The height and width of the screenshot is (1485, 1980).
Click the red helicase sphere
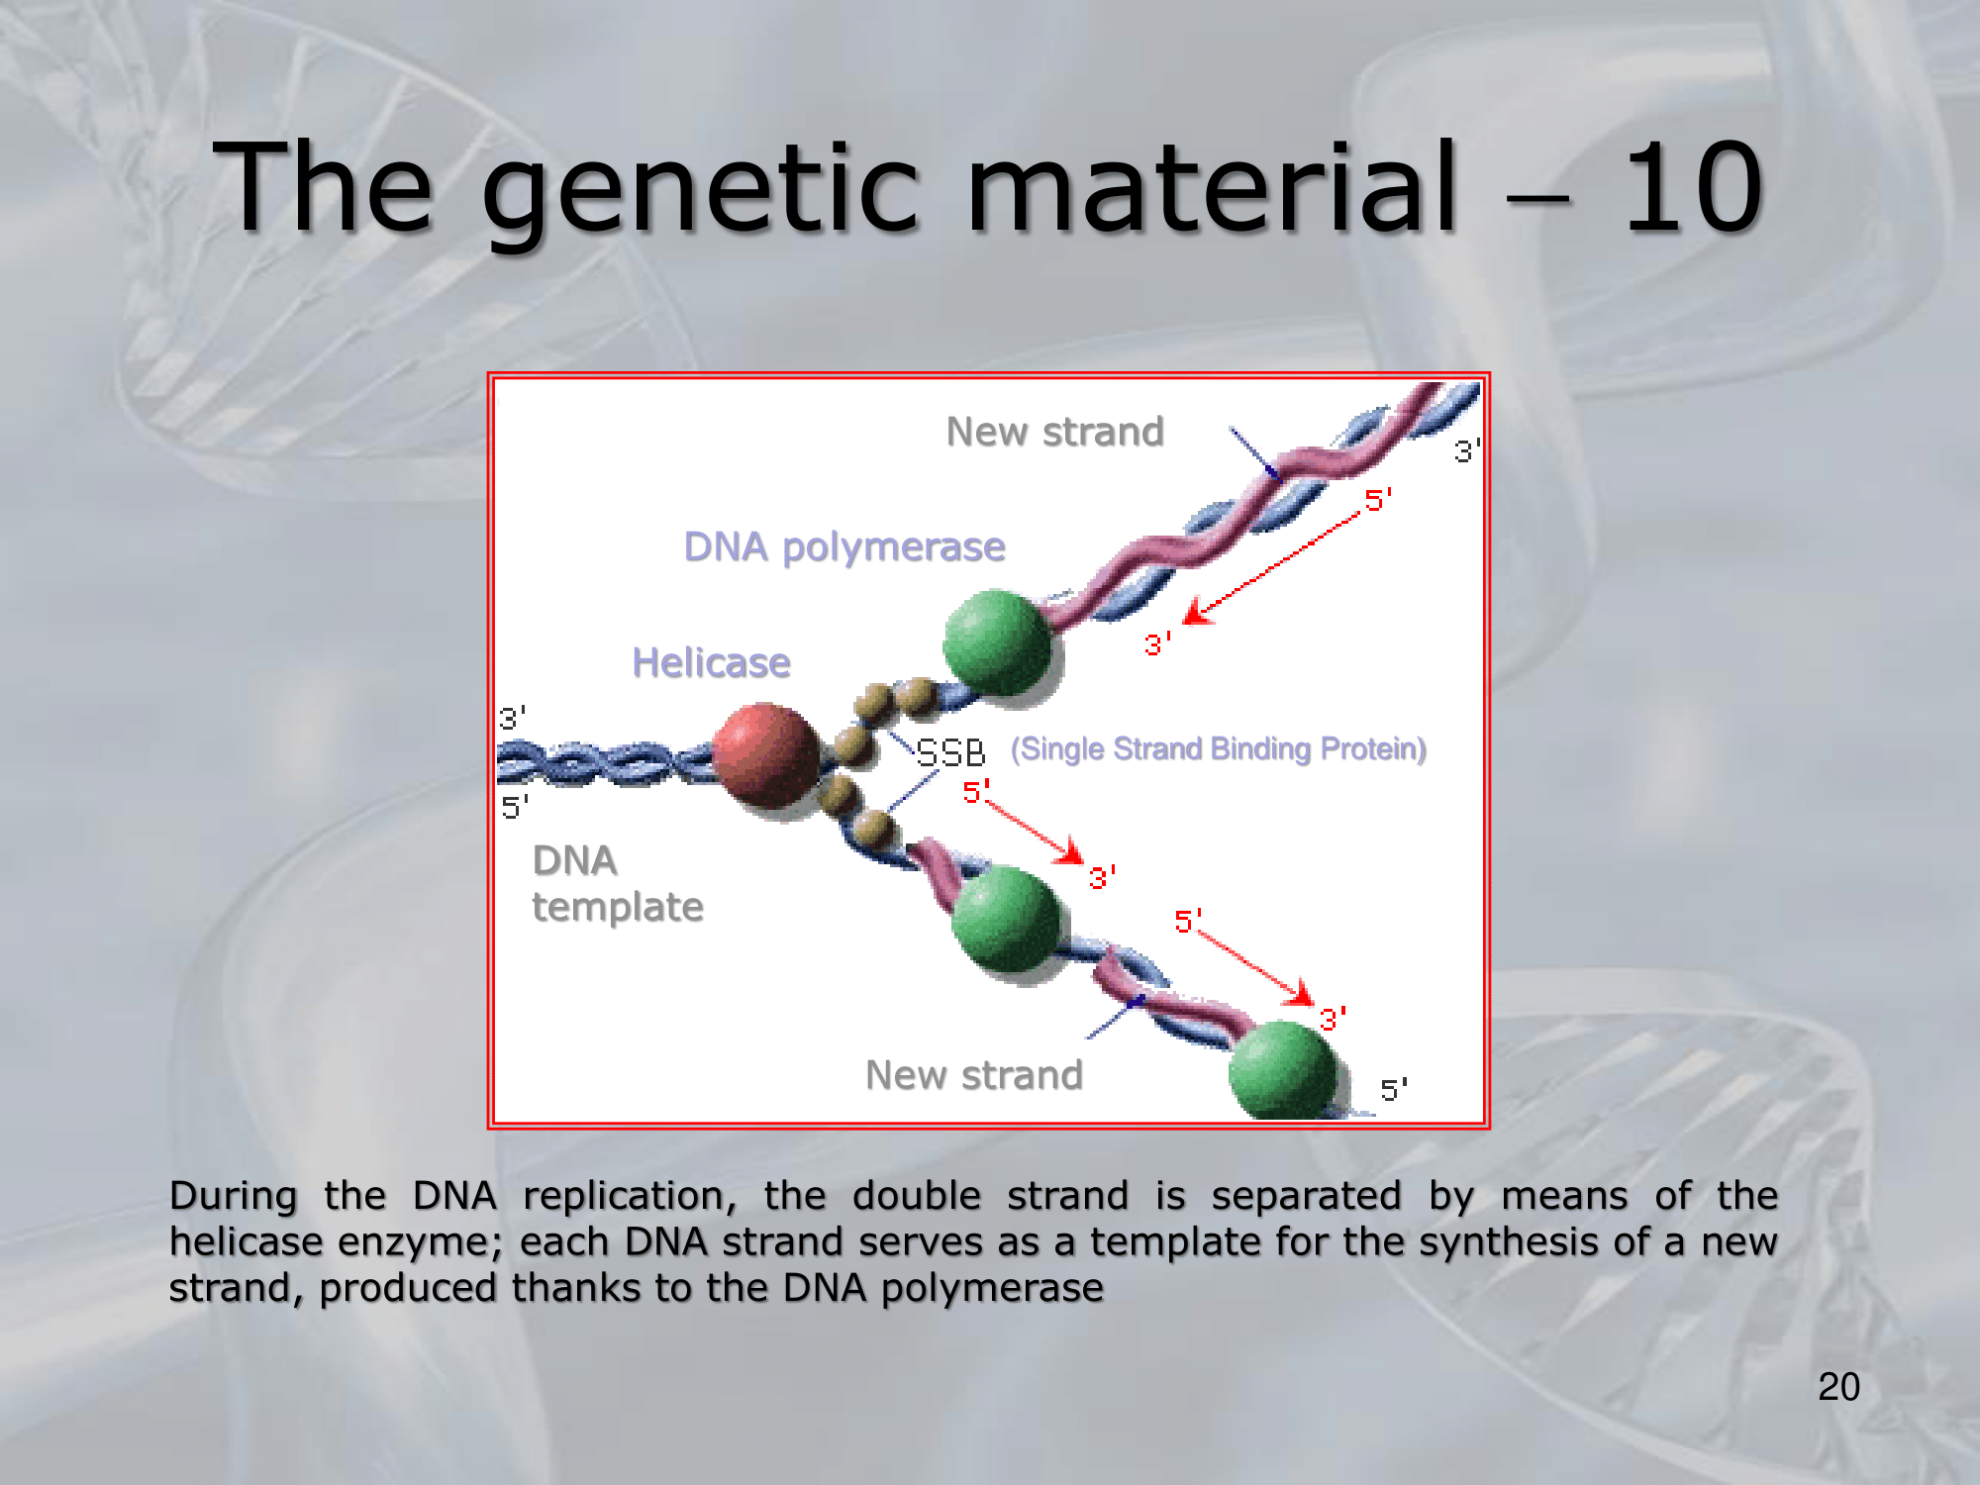pos(767,755)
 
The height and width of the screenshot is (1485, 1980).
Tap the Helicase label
pos(711,662)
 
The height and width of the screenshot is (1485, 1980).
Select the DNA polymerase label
pos(844,546)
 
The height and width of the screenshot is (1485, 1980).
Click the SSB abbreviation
pos(950,753)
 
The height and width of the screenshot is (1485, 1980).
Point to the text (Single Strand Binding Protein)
pos(1219,749)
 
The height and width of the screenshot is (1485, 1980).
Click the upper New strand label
pos(1054,432)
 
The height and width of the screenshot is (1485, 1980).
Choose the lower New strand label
pos(974,1075)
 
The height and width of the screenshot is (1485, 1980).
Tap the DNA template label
pos(618,884)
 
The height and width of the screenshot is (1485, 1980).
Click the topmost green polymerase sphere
pos(997,644)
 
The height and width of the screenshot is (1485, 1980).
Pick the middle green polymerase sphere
pos(1006,919)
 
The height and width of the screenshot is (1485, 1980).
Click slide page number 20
pos(1838,1387)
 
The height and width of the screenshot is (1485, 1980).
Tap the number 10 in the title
pos(1693,187)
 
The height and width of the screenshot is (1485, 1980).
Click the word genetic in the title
pos(702,193)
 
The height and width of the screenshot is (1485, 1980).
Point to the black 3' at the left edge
pos(513,718)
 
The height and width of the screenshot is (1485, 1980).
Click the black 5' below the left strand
pos(515,807)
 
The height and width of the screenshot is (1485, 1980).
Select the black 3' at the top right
pos(1467,451)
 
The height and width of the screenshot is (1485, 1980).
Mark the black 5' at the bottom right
pos(1394,1090)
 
